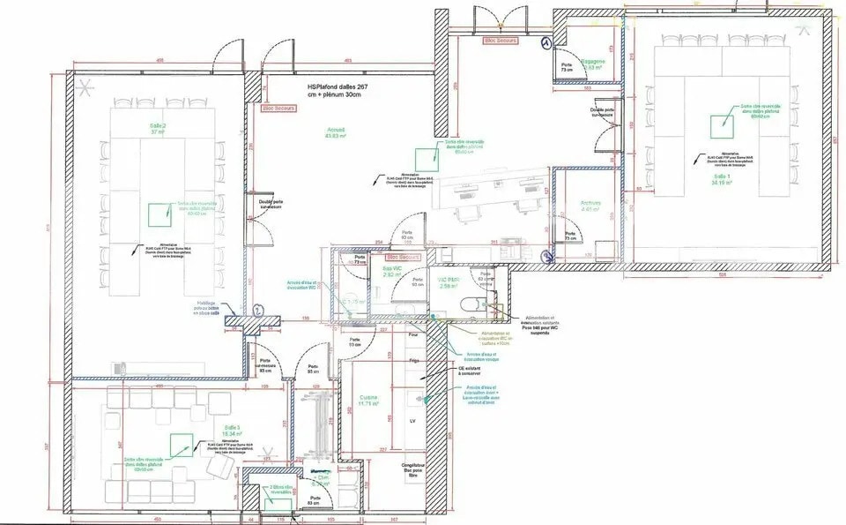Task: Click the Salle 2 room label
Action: pyautogui.click(x=158, y=129)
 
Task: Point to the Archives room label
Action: pyautogui.click(x=590, y=206)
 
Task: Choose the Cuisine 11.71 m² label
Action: pyautogui.click(x=368, y=401)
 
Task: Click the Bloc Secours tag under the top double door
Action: pyautogui.click(x=501, y=40)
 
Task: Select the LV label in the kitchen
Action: pyautogui.click(x=412, y=422)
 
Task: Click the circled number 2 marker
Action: pyautogui.click(x=256, y=310)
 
